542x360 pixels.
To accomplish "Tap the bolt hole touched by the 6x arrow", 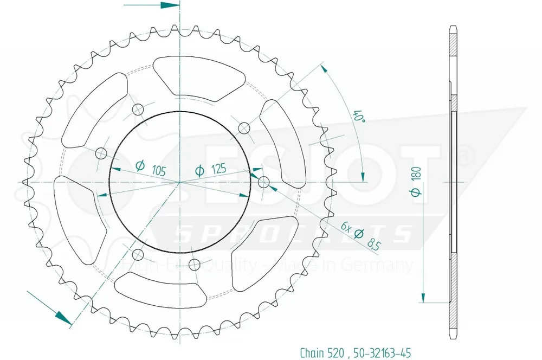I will pos(263,181).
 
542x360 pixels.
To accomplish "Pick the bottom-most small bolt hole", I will pos(193,265).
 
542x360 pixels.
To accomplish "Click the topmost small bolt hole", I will pos(137,109).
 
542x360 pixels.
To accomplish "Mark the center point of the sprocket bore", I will pos(179,182).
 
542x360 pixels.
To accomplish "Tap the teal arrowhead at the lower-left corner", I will pos(64,317).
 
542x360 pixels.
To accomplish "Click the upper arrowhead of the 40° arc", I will pos(324,68).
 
